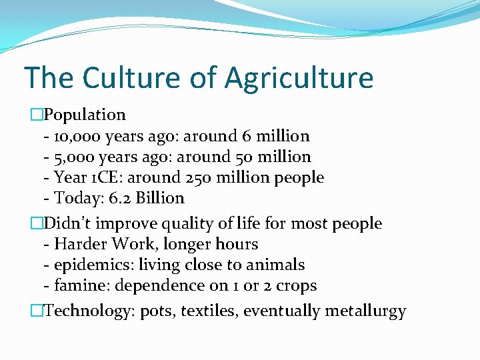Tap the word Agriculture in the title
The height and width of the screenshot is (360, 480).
pyautogui.click(x=299, y=77)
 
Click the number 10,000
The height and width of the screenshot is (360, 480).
pyautogui.click(x=75, y=137)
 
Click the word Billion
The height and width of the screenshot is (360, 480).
pyautogui.click(x=157, y=199)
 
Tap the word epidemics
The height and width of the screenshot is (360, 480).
pyautogui.click(x=94, y=265)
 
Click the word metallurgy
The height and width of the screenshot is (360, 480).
pyautogui.click(x=365, y=311)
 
